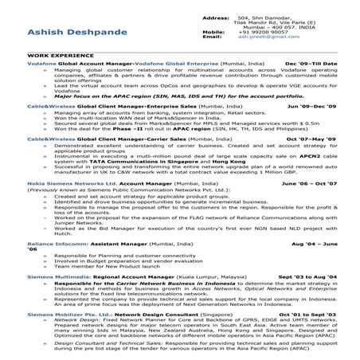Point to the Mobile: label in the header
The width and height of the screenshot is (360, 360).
pyautogui.click(x=214, y=31)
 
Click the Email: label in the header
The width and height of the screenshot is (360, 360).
pyautogui.click(x=213, y=37)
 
